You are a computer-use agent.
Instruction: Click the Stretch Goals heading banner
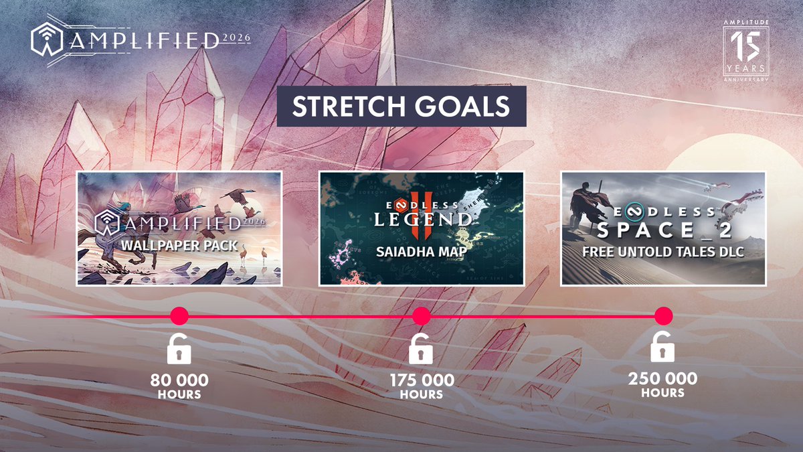click(x=401, y=107)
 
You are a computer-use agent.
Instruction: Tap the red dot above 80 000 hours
click(x=179, y=316)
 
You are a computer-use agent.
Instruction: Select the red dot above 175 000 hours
click(x=421, y=316)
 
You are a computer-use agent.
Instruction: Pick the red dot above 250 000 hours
click(x=663, y=316)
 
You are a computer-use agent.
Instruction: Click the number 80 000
click(x=179, y=380)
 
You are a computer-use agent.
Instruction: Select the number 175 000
click(x=422, y=380)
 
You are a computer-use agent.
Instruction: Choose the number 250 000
click(x=662, y=379)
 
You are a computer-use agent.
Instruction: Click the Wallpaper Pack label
click(x=179, y=245)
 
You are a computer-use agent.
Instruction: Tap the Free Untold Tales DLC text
click(x=662, y=252)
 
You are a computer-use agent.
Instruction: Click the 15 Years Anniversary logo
click(x=745, y=50)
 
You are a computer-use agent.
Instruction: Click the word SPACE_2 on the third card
click(x=662, y=232)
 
